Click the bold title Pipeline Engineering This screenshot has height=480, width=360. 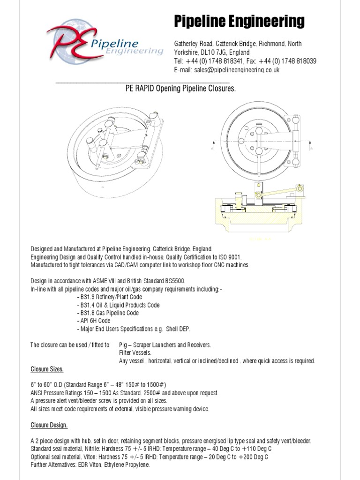[x=239, y=22]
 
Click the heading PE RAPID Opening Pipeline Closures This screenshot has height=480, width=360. [x=180, y=88]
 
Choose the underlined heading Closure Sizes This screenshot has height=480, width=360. [x=46, y=369]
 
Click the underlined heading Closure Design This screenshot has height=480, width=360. [x=49, y=425]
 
